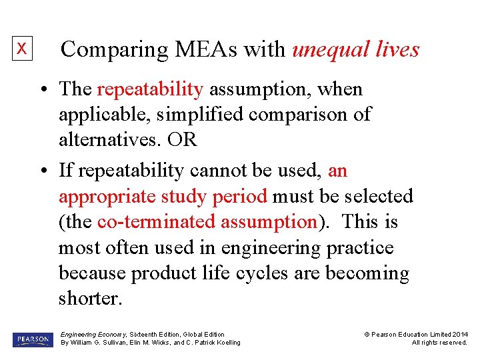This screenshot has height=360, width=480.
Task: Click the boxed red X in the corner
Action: [x=22, y=49]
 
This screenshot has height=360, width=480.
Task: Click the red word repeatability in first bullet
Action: [x=150, y=89]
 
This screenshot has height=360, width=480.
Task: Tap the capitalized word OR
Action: [x=183, y=140]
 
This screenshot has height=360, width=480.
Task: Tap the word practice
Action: [x=360, y=248]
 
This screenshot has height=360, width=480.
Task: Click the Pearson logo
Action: [x=33, y=339]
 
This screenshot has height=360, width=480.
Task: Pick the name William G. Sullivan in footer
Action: [x=102, y=343]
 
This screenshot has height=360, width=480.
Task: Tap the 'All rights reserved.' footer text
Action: [x=439, y=343]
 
